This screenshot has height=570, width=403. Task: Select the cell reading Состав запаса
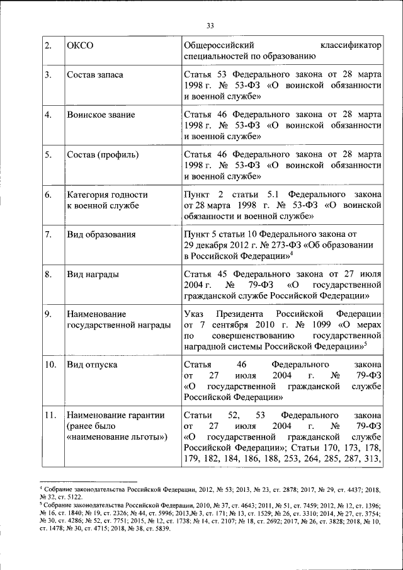pyautogui.click(x=95, y=75)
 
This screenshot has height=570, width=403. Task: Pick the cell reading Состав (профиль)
pyautogui.click(x=103, y=154)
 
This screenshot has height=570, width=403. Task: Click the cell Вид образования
pyautogui.click(x=101, y=234)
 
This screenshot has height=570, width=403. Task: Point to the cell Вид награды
pyautogui.click(x=93, y=274)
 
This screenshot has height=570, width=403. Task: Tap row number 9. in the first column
pyautogui.click(x=48, y=314)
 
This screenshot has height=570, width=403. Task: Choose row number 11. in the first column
pyautogui.click(x=50, y=416)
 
